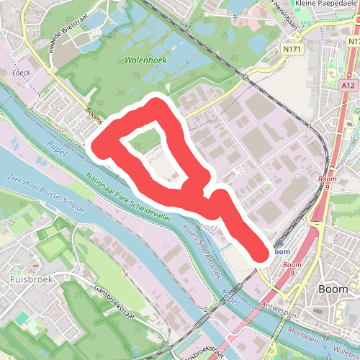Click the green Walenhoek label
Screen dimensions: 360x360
pos(145,60)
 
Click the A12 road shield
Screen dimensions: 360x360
pos(349,85)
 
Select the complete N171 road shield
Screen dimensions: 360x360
pos(292,49)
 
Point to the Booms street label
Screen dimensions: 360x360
pos(95,115)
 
